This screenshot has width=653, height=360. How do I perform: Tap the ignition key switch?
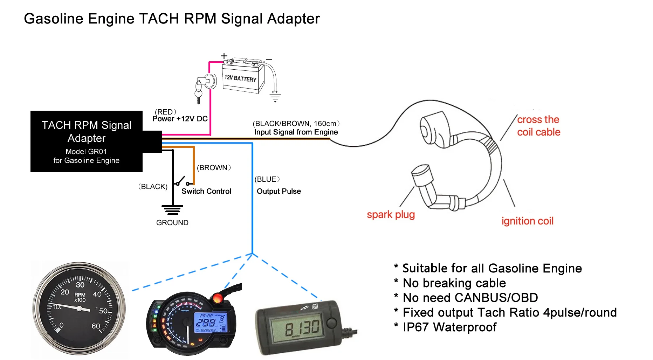[x=206, y=88]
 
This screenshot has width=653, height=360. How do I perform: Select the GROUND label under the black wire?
[x=172, y=223]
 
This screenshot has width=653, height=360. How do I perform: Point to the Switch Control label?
[x=206, y=191]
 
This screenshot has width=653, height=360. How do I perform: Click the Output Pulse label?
[x=279, y=191]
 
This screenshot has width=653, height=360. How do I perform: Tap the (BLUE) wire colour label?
[x=267, y=179]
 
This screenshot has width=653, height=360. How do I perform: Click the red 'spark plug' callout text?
[x=391, y=215]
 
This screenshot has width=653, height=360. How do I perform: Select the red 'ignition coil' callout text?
[x=528, y=221]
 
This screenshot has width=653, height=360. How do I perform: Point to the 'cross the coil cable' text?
[x=539, y=126]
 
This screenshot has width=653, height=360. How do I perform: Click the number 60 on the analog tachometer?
[x=96, y=326]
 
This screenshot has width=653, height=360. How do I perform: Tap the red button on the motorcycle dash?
[x=218, y=298]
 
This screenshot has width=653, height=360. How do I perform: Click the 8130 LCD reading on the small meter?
[x=302, y=328]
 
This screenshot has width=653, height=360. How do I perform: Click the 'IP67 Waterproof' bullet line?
[x=445, y=327]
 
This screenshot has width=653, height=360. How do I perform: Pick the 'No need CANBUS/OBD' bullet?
[x=466, y=298]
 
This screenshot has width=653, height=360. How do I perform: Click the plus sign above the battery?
[x=224, y=56]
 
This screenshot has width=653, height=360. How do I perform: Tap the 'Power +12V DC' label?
[x=180, y=119]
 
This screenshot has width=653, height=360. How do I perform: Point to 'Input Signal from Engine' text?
[x=296, y=132]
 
